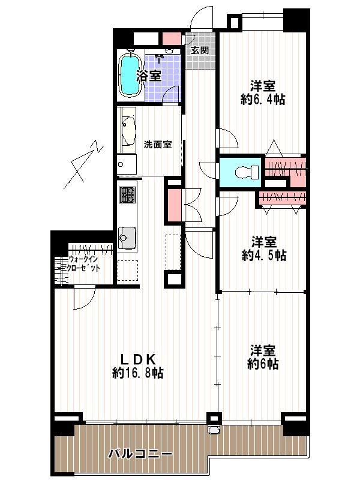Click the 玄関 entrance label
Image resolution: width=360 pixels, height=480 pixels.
click(x=200, y=50)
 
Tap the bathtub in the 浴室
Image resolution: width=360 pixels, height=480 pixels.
click(x=130, y=76)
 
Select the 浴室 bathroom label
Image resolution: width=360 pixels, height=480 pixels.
click(x=149, y=76)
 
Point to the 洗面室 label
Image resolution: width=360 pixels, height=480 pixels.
click(x=158, y=144)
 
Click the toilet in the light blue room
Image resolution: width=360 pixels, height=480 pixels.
click(x=247, y=172)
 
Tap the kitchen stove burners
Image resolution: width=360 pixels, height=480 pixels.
click(x=127, y=194)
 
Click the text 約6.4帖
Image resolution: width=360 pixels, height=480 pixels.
click(x=263, y=99)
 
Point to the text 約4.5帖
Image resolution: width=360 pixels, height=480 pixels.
click(x=264, y=255)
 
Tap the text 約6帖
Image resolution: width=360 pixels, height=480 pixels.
click(x=263, y=364)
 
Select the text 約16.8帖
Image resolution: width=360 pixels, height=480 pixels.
click(x=138, y=373)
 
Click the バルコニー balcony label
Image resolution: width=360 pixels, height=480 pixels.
click(x=140, y=454)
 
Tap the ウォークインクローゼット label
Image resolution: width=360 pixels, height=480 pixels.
click(x=84, y=263)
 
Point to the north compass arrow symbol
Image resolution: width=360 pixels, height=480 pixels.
click(x=83, y=164)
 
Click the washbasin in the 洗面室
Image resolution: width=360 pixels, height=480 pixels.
click(x=128, y=129)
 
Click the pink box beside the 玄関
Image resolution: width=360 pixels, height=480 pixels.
click(x=171, y=38)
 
